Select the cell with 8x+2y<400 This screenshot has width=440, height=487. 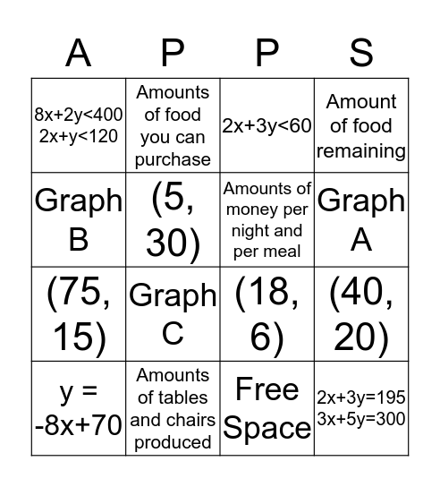click(x=79, y=125)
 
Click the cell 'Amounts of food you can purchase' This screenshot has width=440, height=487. click(x=173, y=125)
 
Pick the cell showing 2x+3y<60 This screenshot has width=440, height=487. click(x=267, y=125)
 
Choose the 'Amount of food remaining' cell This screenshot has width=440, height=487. click(x=361, y=125)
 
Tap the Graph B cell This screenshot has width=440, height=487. click(x=79, y=220)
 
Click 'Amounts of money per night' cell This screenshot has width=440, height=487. click(x=267, y=220)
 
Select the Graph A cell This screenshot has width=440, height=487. click(x=361, y=220)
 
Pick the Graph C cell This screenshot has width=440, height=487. click(x=173, y=314)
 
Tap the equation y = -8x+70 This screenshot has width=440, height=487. click(x=79, y=408)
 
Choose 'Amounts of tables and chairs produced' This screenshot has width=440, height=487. click(x=173, y=408)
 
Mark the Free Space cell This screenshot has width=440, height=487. click(x=267, y=408)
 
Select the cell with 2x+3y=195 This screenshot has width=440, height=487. click(x=361, y=408)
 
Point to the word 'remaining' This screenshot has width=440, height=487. click(x=361, y=150)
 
